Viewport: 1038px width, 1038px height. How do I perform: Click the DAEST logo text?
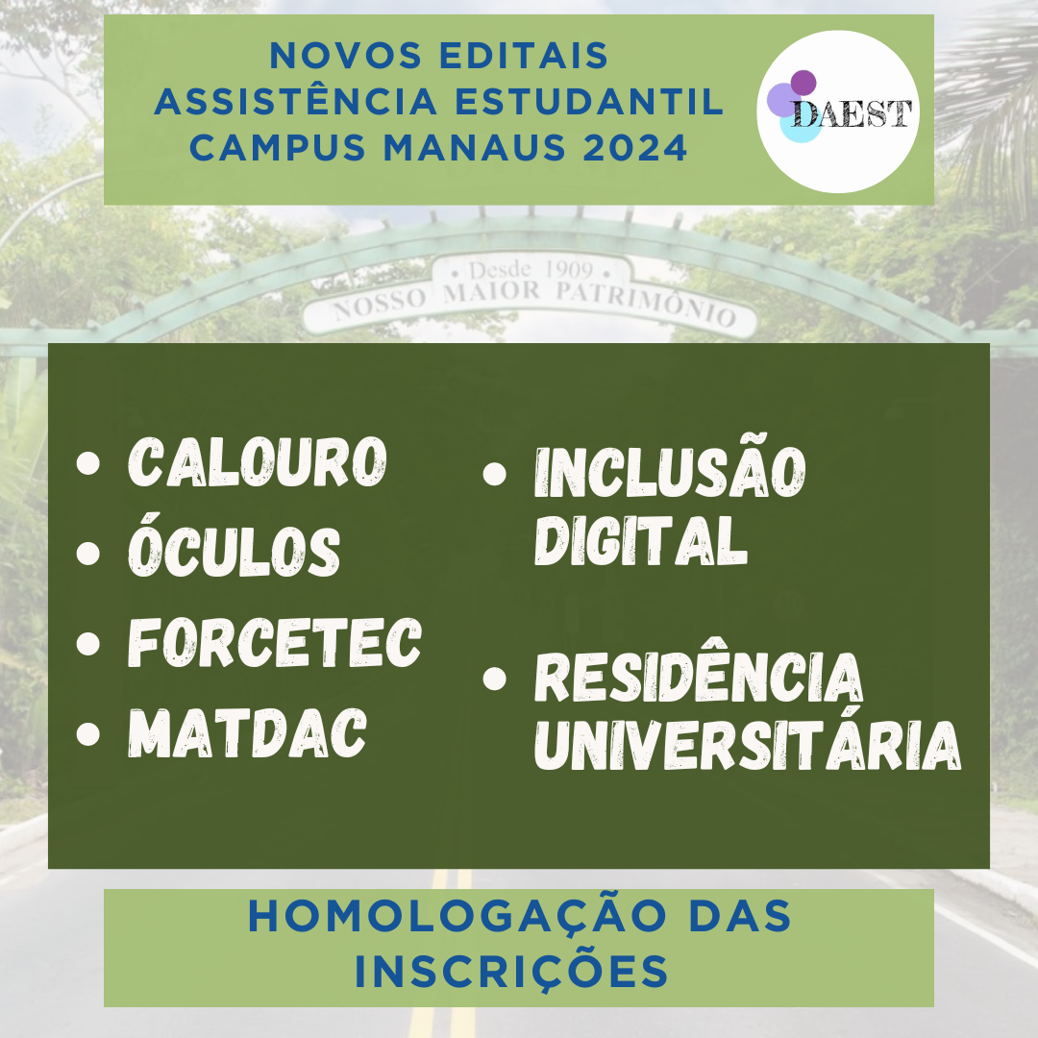852,113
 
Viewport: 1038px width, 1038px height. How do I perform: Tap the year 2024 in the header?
635,147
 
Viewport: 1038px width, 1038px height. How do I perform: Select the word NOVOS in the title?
346,55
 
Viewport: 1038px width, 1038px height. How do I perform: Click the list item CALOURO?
258,461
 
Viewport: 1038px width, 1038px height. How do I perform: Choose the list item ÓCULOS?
235,545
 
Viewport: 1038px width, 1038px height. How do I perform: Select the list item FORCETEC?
275,641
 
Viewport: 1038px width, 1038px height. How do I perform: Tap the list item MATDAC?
248,732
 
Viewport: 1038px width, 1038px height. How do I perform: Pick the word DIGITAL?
641,540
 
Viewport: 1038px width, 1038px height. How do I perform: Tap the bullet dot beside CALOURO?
88,462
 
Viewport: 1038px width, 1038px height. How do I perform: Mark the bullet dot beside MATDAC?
88,733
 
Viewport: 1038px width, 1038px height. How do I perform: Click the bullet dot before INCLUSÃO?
495,473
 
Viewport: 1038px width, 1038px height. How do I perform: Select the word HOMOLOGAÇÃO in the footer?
457,916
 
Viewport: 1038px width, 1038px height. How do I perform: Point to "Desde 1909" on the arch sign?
531,270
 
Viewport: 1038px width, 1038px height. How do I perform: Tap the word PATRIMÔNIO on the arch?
646,302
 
